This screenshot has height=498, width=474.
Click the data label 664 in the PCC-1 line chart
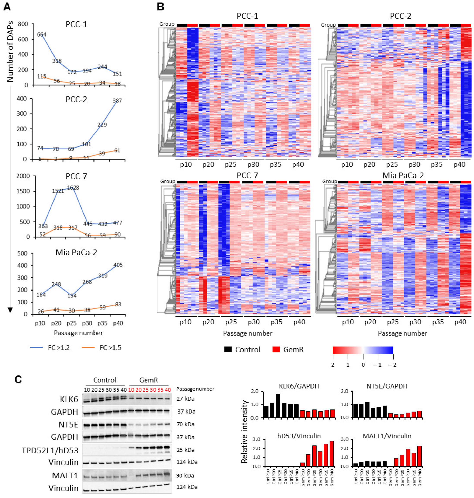coord(42,35)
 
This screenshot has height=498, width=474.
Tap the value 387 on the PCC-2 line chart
coord(117,101)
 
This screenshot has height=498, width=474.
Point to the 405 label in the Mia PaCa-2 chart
coord(118,265)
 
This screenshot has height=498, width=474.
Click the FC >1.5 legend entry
coord(110,348)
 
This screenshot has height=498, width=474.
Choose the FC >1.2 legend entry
coord(59,348)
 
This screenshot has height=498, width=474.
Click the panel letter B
coord(160,7)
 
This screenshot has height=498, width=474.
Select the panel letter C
coord(18,379)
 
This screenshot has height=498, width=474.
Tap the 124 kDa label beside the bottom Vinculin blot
coord(187,487)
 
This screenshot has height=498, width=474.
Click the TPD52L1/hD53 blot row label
coord(50,450)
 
